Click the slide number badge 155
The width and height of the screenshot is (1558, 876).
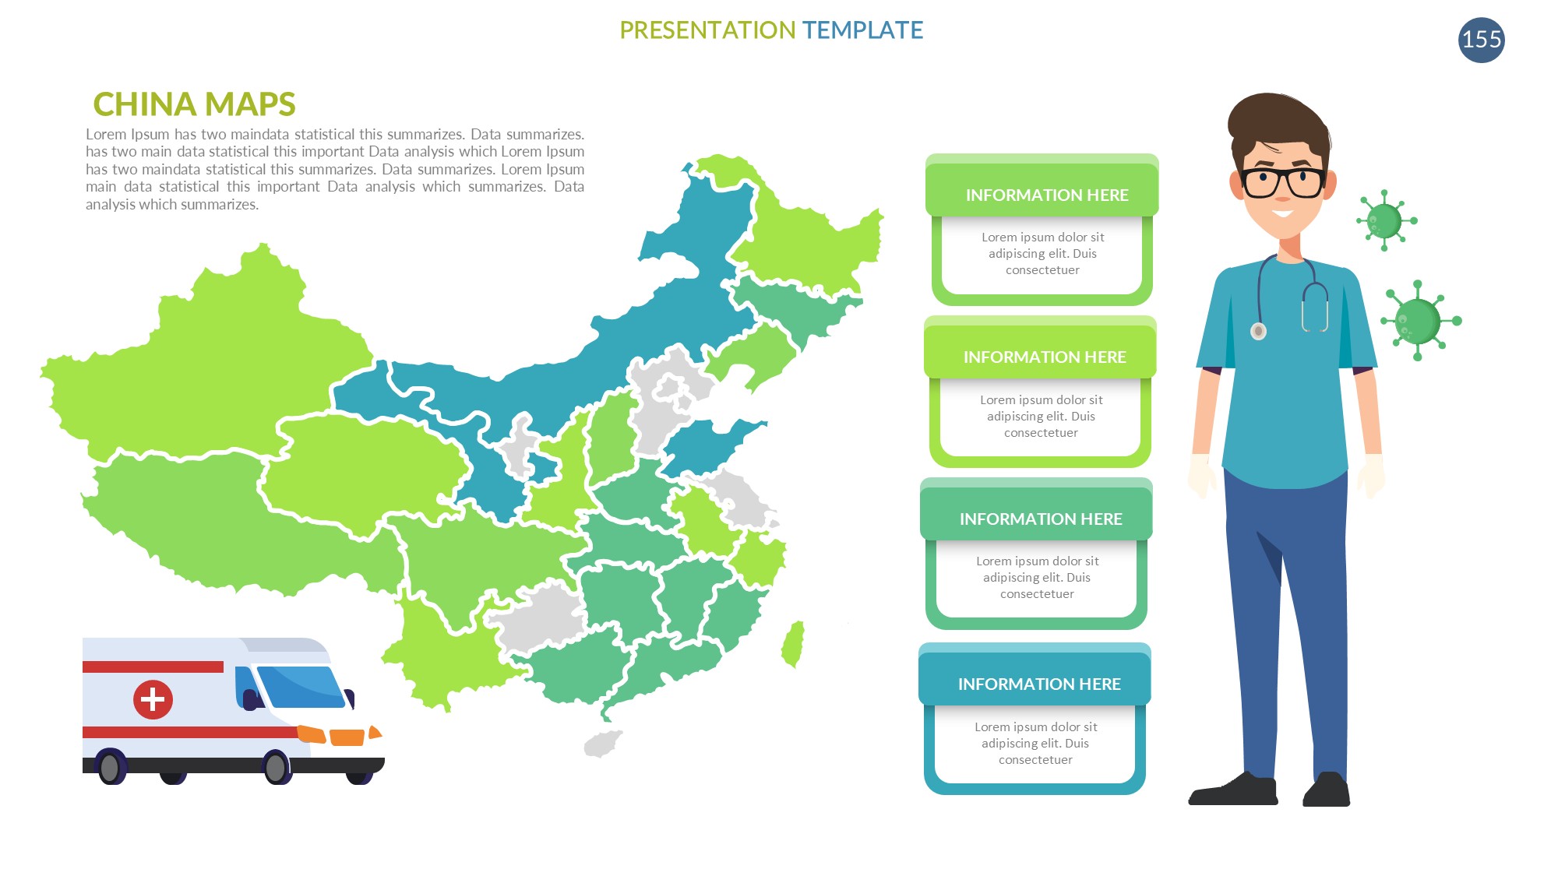[x=1481, y=40]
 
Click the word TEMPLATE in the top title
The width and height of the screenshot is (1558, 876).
[x=862, y=30]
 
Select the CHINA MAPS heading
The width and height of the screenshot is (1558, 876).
[x=194, y=104]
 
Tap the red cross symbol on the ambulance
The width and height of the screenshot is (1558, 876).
[x=153, y=699]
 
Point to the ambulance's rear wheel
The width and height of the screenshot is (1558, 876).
[x=111, y=768]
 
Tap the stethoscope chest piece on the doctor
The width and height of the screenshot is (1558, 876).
[x=1258, y=332]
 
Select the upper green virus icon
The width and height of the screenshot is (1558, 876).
[x=1385, y=220]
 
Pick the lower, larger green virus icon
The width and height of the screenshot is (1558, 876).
[x=1419, y=321]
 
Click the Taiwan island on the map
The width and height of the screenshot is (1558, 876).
[x=793, y=644]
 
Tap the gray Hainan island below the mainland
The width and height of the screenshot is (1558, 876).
[x=603, y=744]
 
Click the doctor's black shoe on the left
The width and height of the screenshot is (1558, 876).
[x=1234, y=790]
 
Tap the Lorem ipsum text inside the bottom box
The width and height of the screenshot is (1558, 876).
[x=1035, y=744]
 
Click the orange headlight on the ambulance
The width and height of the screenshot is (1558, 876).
[x=347, y=737]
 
